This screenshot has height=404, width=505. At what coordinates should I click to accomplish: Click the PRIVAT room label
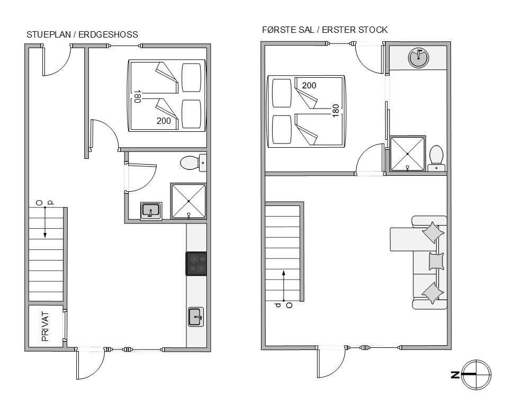tap(46, 326)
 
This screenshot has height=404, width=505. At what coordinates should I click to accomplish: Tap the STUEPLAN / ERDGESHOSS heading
tap(82, 34)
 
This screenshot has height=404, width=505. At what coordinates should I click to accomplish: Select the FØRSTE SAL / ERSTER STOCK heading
tap(324, 30)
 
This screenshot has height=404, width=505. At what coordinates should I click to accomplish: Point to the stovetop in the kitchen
tap(196, 264)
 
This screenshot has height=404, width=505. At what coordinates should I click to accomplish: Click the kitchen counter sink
tap(196, 317)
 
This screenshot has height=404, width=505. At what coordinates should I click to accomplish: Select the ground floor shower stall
tap(188, 201)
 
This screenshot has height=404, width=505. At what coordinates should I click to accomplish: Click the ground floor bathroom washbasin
tap(151, 211)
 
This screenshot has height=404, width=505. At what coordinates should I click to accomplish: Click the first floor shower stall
tap(408, 154)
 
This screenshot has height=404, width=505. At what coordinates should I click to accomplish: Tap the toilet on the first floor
tap(436, 158)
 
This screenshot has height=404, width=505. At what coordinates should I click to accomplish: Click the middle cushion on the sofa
tap(436, 261)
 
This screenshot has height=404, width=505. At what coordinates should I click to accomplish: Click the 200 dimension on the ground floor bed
tap(164, 121)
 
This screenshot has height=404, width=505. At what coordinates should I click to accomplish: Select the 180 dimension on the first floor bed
tap(335, 111)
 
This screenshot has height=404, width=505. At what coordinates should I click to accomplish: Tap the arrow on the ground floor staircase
tap(45, 222)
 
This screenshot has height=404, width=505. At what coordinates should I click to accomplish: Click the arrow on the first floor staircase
tap(284, 286)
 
